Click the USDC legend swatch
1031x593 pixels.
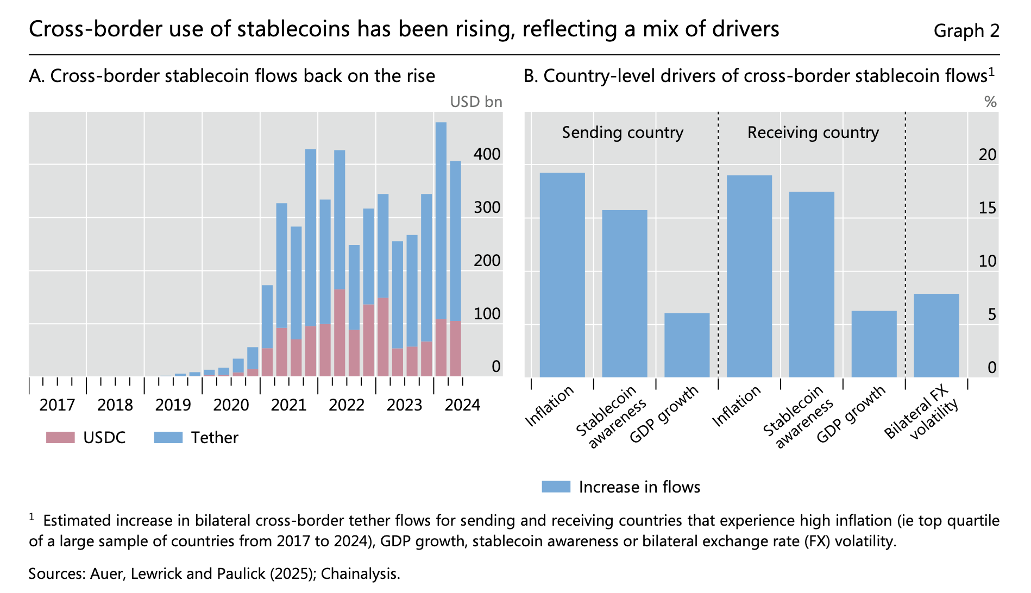(x=60, y=438)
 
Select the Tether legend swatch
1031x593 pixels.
(x=168, y=438)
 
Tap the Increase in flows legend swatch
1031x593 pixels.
(x=556, y=487)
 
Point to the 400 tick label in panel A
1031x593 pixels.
(x=487, y=155)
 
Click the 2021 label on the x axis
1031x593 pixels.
(x=288, y=405)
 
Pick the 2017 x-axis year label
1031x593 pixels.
(x=57, y=405)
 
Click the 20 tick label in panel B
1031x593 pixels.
(x=987, y=155)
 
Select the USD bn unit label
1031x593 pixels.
(x=476, y=102)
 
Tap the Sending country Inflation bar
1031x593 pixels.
(x=562, y=275)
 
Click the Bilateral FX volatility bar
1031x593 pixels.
(x=936, y=336)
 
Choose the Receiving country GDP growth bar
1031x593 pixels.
(x=873, y=344)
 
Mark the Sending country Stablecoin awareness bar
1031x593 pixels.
(x=624, y=293)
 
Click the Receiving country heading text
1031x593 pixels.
(x=813, y=133)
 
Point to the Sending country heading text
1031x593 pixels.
(x=623, y=133)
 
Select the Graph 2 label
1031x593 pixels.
(x=966, y=31)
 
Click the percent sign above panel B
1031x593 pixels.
(x=990, y=102)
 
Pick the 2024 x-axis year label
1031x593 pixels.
(x=462, y=405)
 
